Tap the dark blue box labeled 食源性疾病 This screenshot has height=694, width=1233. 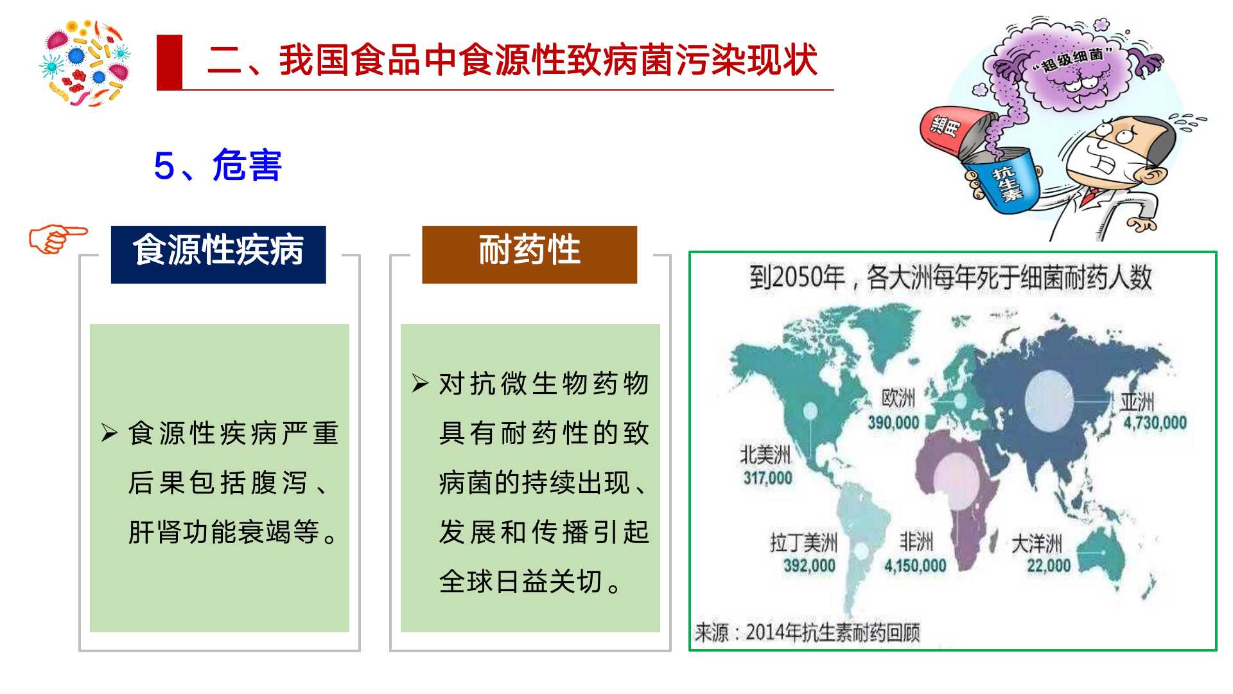click(x=218, y=254)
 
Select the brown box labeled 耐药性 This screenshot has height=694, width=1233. click(x=529, y=254)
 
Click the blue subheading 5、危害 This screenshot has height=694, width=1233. click(x=218, y=166)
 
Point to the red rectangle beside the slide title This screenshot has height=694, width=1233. click(x=170, y=62)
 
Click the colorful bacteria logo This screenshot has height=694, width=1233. click(x=85, y=62)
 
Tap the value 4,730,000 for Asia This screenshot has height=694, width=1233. click(x=1155, y=423)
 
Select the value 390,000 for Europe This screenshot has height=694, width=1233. click(x=893, y=423)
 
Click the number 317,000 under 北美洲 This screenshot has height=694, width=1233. click(x=767, y=478)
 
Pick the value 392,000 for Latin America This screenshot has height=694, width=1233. click(x=809, y=566)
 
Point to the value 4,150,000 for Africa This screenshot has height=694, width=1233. click(x=915, y=566)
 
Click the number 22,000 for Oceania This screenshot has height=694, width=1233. click(x=1049, y=566)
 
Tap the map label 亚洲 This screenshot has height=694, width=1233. click(x=1137, y=402)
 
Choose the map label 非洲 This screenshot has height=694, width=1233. click(x=916, y=542)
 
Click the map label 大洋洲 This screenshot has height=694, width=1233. click(x=1036, y=544)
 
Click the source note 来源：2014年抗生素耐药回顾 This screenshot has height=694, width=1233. click(x=807, y=633)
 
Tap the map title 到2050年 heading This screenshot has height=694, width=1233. click(x=950, y=278)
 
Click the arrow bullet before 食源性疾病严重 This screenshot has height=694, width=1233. click(x=109, y=434)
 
